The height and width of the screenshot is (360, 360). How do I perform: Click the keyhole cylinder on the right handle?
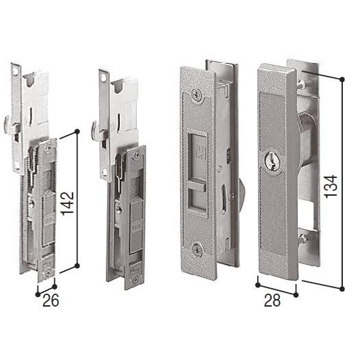click(268, 162)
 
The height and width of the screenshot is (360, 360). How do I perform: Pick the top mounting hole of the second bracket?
click(101, 77)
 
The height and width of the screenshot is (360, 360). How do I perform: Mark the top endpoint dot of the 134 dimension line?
click(342, 79)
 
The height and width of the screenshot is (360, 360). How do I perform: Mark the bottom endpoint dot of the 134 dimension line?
click(342, 290)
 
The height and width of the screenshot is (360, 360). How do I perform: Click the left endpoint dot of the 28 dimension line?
click(257, 285)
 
